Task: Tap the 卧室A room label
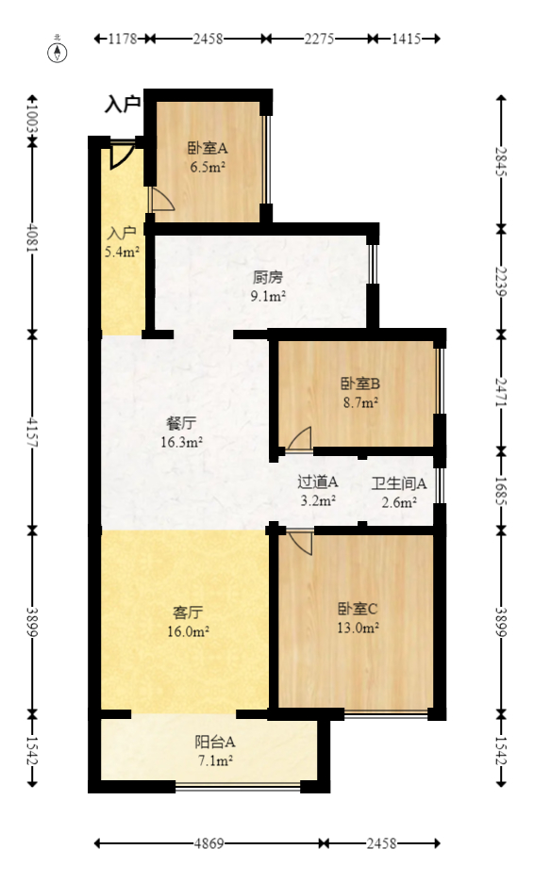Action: tap(207, 148)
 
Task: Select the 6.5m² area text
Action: tap(208, 167)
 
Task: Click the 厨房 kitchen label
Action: tap(268, 278)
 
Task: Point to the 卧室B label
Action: tap(359, 384)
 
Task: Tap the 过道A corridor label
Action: tap(317, 482)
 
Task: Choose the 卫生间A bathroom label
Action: tap(399, 483)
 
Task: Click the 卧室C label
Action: tap(359, 608)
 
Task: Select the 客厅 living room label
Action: tap(189, 612)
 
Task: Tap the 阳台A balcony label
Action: tap(208, 741)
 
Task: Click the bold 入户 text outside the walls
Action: tap(123, 105)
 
